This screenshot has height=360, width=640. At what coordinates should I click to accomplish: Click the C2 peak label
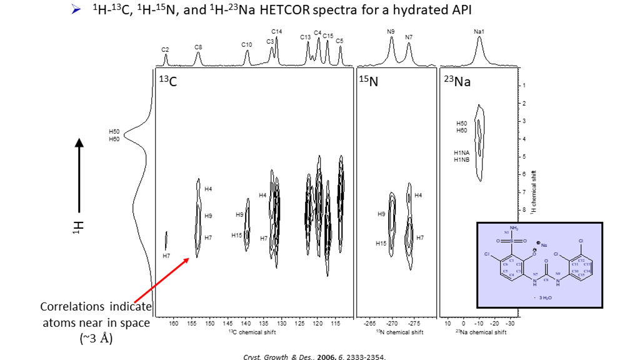pos(166,49)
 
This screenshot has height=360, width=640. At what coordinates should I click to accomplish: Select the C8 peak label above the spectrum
pos(198,46)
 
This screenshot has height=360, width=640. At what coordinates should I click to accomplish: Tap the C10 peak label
pos(247,44)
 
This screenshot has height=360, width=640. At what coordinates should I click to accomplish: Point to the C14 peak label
pos(277,31)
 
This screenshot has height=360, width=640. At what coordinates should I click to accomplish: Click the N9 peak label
pos(391,31)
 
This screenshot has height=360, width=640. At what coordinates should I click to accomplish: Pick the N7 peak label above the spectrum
pos(409,37)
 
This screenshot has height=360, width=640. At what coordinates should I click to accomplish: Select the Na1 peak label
pos(479,31)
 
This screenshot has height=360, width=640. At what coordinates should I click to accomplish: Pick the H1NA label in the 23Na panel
pos(461,152)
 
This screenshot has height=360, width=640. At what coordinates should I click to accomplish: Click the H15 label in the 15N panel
pos(381,243)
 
